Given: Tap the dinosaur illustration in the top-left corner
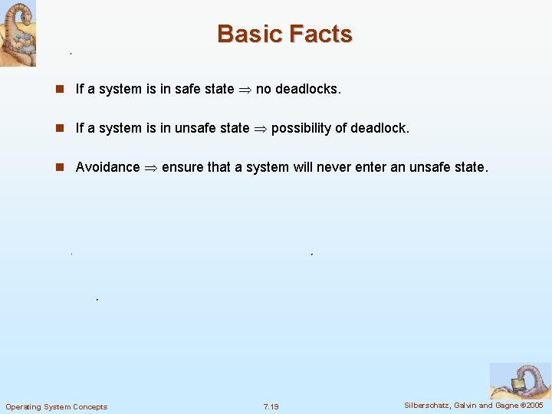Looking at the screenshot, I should pos(18,33).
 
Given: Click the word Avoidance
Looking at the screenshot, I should pos(107,167).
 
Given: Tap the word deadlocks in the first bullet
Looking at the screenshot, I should pos(307,89).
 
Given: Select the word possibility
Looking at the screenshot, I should pos(303,128).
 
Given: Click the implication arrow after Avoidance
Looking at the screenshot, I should pos(151,167).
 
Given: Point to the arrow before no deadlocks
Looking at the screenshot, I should pos(245,89).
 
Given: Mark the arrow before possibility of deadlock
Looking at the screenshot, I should pos(260,128).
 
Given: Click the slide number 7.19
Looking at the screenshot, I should pos(271,406).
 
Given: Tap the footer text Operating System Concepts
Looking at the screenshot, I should pos(57,406).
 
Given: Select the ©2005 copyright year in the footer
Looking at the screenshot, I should pos(531,406).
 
